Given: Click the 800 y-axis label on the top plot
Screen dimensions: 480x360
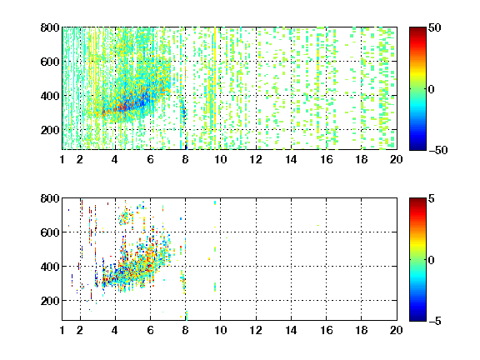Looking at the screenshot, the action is [x=50, y=27].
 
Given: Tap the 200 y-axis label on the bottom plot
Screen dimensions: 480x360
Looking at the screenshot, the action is [x=50, y=301].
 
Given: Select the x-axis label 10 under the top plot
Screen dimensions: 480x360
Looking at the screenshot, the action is [x=220, y=159].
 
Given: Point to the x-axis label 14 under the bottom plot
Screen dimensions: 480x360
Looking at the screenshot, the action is [x=291, y=330].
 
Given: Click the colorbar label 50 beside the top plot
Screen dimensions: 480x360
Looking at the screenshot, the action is [x=434, y=27].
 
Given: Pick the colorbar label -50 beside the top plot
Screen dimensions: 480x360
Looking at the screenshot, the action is [x=438, y=150].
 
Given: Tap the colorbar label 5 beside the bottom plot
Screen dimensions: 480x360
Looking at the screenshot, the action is [x=432, y=198].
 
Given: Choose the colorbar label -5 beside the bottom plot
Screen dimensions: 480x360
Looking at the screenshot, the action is [x=435, y=321].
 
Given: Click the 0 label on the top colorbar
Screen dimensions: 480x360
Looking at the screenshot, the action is [x=432, y=89].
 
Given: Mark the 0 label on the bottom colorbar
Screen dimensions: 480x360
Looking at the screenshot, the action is [x=432, y=260].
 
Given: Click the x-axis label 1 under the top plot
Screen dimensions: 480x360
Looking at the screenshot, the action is [x=62, y=159].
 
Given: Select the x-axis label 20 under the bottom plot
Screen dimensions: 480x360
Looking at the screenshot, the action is [x=396, y=330].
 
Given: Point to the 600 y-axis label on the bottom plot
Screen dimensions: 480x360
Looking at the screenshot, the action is [x=50, y=232].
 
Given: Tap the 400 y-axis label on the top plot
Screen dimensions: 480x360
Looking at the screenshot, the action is [x=50, y=96].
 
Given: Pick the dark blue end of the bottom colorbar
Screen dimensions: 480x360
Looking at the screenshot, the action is [x=417, y=318].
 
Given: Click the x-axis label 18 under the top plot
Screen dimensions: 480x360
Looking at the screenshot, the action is [x=362, y=159].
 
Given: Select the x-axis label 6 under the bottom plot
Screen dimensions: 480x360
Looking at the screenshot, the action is [x=150, y=330].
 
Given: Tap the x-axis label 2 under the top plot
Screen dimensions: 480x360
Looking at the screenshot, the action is [x=80, y=159].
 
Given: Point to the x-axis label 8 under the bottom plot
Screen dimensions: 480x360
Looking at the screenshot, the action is [x=185, y=330].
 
